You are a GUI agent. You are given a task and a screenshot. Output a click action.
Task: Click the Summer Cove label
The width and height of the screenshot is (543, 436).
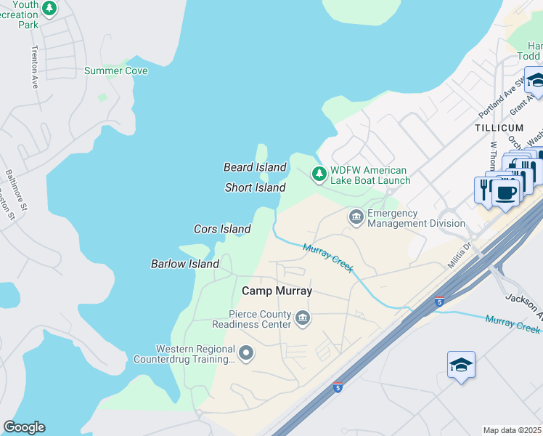[x=116, y=70]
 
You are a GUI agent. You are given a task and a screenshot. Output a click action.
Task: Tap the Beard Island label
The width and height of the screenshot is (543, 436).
[x=255, y=167]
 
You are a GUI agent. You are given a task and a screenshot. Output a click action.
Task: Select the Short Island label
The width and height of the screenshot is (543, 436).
[x=255, y=187]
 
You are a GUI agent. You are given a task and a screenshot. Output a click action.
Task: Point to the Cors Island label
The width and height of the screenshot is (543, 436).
[x=222, y=229]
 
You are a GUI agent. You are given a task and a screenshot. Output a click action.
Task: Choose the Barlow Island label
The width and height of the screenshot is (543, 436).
[x=184, y=264]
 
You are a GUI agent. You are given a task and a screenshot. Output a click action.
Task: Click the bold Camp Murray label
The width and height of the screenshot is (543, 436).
[x=277, y=291]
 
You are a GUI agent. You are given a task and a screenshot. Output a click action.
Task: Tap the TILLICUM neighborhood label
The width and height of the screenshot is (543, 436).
[x=499, y=127]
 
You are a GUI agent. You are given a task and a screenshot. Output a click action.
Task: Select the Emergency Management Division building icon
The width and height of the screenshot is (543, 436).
[x=356, y=216]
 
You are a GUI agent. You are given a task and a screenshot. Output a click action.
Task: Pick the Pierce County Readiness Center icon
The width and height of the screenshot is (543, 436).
[x=303, y=317]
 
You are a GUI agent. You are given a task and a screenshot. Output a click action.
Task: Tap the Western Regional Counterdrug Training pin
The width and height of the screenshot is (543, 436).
[x=246, y=353]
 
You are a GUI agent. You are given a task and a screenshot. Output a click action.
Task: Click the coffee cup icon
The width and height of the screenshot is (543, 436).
[x=506, y=193]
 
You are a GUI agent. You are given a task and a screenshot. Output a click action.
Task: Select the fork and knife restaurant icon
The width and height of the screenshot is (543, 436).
[x=484, y=187]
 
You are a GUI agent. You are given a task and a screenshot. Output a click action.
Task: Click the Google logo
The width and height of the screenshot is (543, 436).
[x=24, y=427]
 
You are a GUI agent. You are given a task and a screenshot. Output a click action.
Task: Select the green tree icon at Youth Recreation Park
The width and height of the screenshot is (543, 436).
[x=49, y=9]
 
